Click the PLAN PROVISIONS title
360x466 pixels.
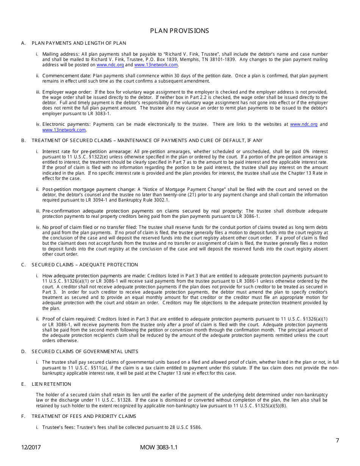179,31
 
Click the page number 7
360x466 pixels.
337,440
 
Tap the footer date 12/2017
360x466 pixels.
31,447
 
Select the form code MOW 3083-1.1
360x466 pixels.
158,447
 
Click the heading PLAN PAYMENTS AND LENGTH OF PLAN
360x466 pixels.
79,43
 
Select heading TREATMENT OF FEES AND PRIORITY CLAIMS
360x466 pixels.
84,416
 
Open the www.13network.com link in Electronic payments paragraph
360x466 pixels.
64,130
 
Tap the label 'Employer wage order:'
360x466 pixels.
67,92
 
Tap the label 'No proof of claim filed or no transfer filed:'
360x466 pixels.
90,227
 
